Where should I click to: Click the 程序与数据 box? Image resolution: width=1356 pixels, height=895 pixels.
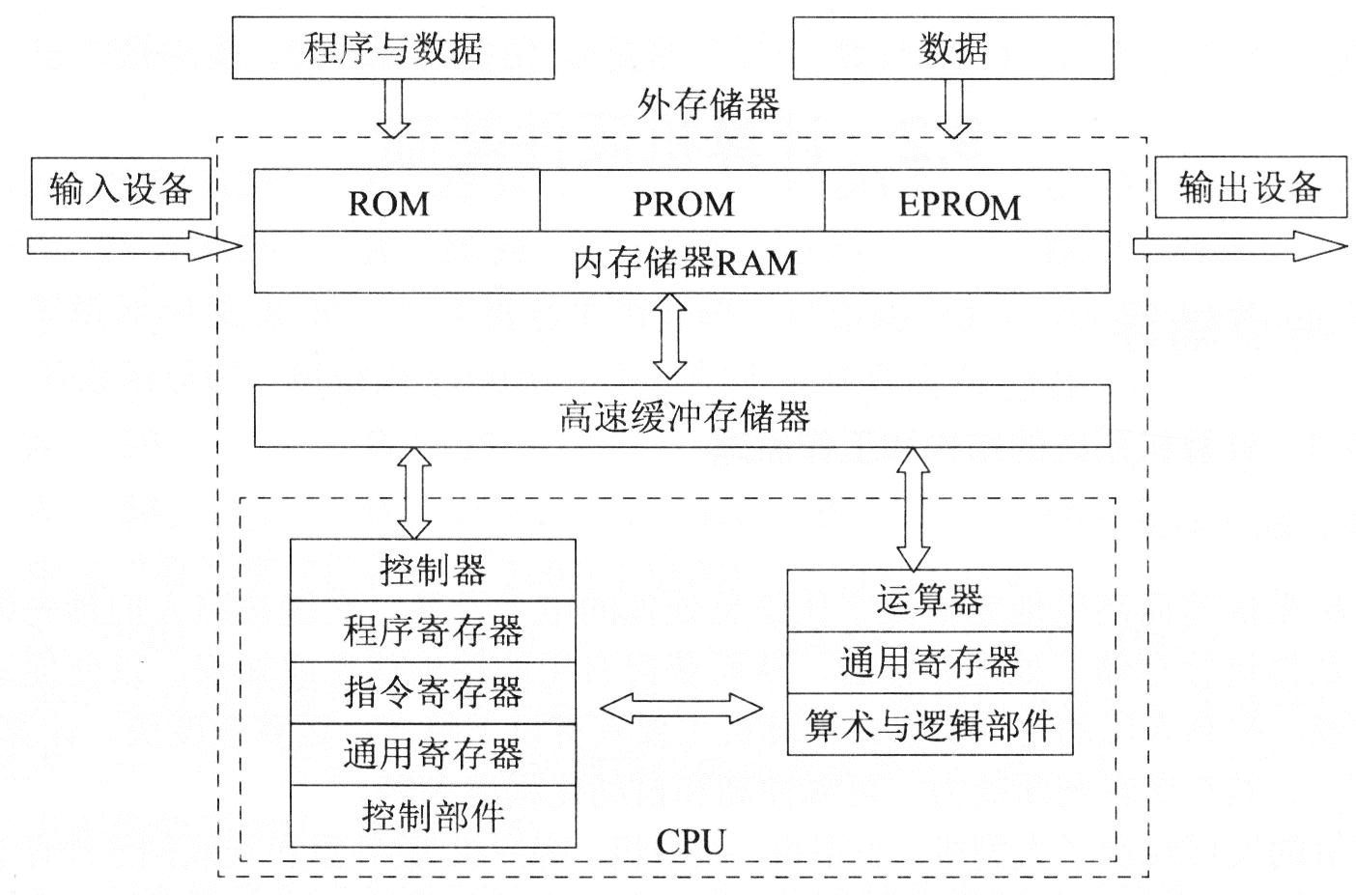coord(393,47)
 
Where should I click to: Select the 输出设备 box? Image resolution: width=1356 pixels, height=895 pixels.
coord(1250,186)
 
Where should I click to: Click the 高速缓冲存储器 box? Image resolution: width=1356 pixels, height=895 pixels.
coord(682,416)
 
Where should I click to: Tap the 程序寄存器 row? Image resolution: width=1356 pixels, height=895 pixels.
coord(433,631)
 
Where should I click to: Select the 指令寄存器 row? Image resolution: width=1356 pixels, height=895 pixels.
coord(433,692)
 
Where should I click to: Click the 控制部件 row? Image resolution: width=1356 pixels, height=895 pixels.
coord(433,816)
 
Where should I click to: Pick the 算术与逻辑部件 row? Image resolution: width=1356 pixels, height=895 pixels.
coord(929,725)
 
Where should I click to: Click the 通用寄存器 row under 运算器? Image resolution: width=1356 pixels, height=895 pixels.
coord(929,662)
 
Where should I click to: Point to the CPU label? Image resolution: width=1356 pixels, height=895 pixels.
coord(690,841)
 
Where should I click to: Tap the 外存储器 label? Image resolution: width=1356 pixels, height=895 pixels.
coord(709,104)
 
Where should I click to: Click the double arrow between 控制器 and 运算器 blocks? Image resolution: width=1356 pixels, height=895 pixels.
coord(681,709)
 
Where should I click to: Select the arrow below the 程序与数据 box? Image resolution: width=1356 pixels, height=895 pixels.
coord(393,107)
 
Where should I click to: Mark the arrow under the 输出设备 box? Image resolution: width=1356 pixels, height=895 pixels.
coord(1238,246)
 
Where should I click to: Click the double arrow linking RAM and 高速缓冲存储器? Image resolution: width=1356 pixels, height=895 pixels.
coord(669,336)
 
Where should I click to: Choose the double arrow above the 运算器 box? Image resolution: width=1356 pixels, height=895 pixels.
coord(913,508)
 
